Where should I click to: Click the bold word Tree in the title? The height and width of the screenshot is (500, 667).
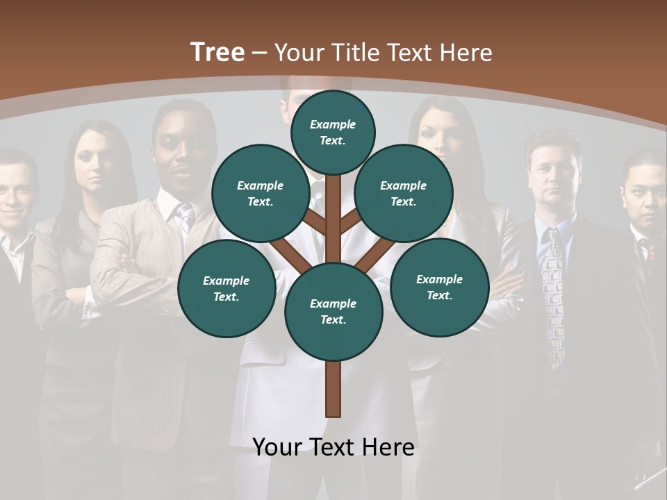click(x=217, y=52)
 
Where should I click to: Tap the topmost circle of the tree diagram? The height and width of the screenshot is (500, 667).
click(x=333, y=132)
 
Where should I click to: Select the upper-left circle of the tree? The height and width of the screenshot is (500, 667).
click(x=260, y=193)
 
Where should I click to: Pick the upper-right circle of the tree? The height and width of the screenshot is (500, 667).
click(x=403, y=193)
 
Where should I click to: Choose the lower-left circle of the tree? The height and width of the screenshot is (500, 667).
click(x=226, y=288)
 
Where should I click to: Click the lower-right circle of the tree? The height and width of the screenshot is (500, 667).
click(x=439, y=287)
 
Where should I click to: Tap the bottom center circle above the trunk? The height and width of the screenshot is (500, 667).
click(x=333, y=311)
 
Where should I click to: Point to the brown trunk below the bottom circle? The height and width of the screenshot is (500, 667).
click(x=333, y=389)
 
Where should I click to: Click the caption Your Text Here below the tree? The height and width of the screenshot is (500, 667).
click(x=333, y=447)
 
